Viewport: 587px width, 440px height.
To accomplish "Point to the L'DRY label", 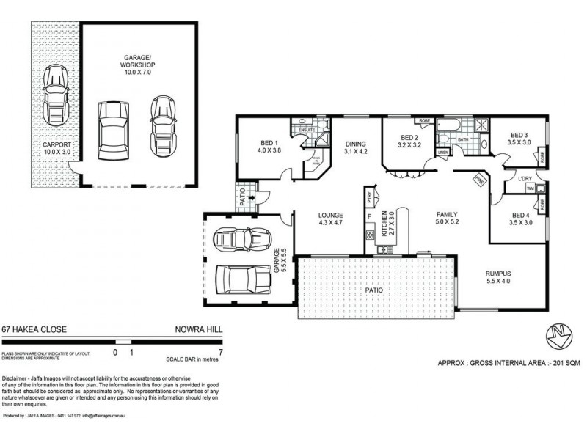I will pyautogui.click(x=525, y=178).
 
